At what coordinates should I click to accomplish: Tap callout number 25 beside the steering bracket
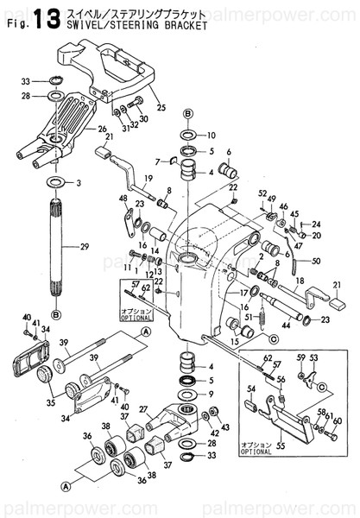161,93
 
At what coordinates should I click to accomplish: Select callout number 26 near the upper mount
102,130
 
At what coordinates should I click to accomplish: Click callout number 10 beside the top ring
212,136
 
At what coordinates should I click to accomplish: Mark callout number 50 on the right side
316,261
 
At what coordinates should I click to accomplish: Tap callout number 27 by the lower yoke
143,409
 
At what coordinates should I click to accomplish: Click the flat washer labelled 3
57,183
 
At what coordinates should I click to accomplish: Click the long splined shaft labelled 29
59,250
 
